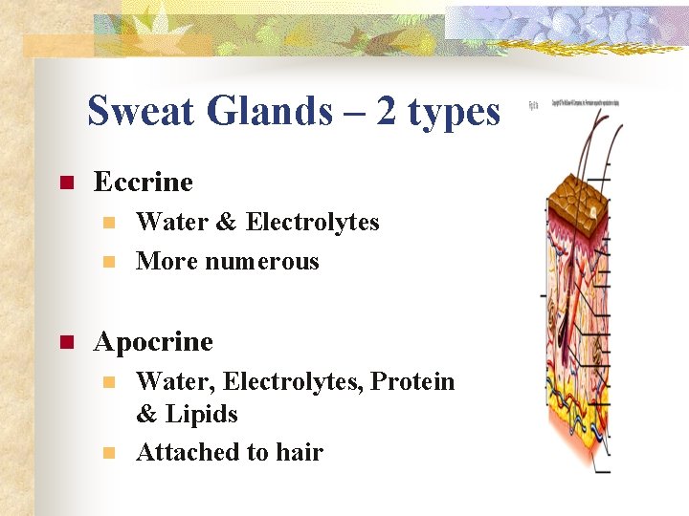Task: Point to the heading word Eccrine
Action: pyautogui.click(x=144, y=182)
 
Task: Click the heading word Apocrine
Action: pyautogui.click(x=153, y=341)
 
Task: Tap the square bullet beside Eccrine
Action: pyautogui.click(x=65, y=183)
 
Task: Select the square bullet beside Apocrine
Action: pyautogui.click(x=65, y=341)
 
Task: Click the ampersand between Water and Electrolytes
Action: pyautogui.click(x=226, y=223)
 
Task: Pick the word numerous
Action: pyautogui.click(x=262, y=262)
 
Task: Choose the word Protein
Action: pyautogui.click(x=412, y=381)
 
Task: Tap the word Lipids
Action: pyautogui.click(x=202, y=415)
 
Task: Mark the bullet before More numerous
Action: pyautogui.click(x=110, y=262)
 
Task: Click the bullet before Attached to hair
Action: pyautogui.click(x=110, y=453)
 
